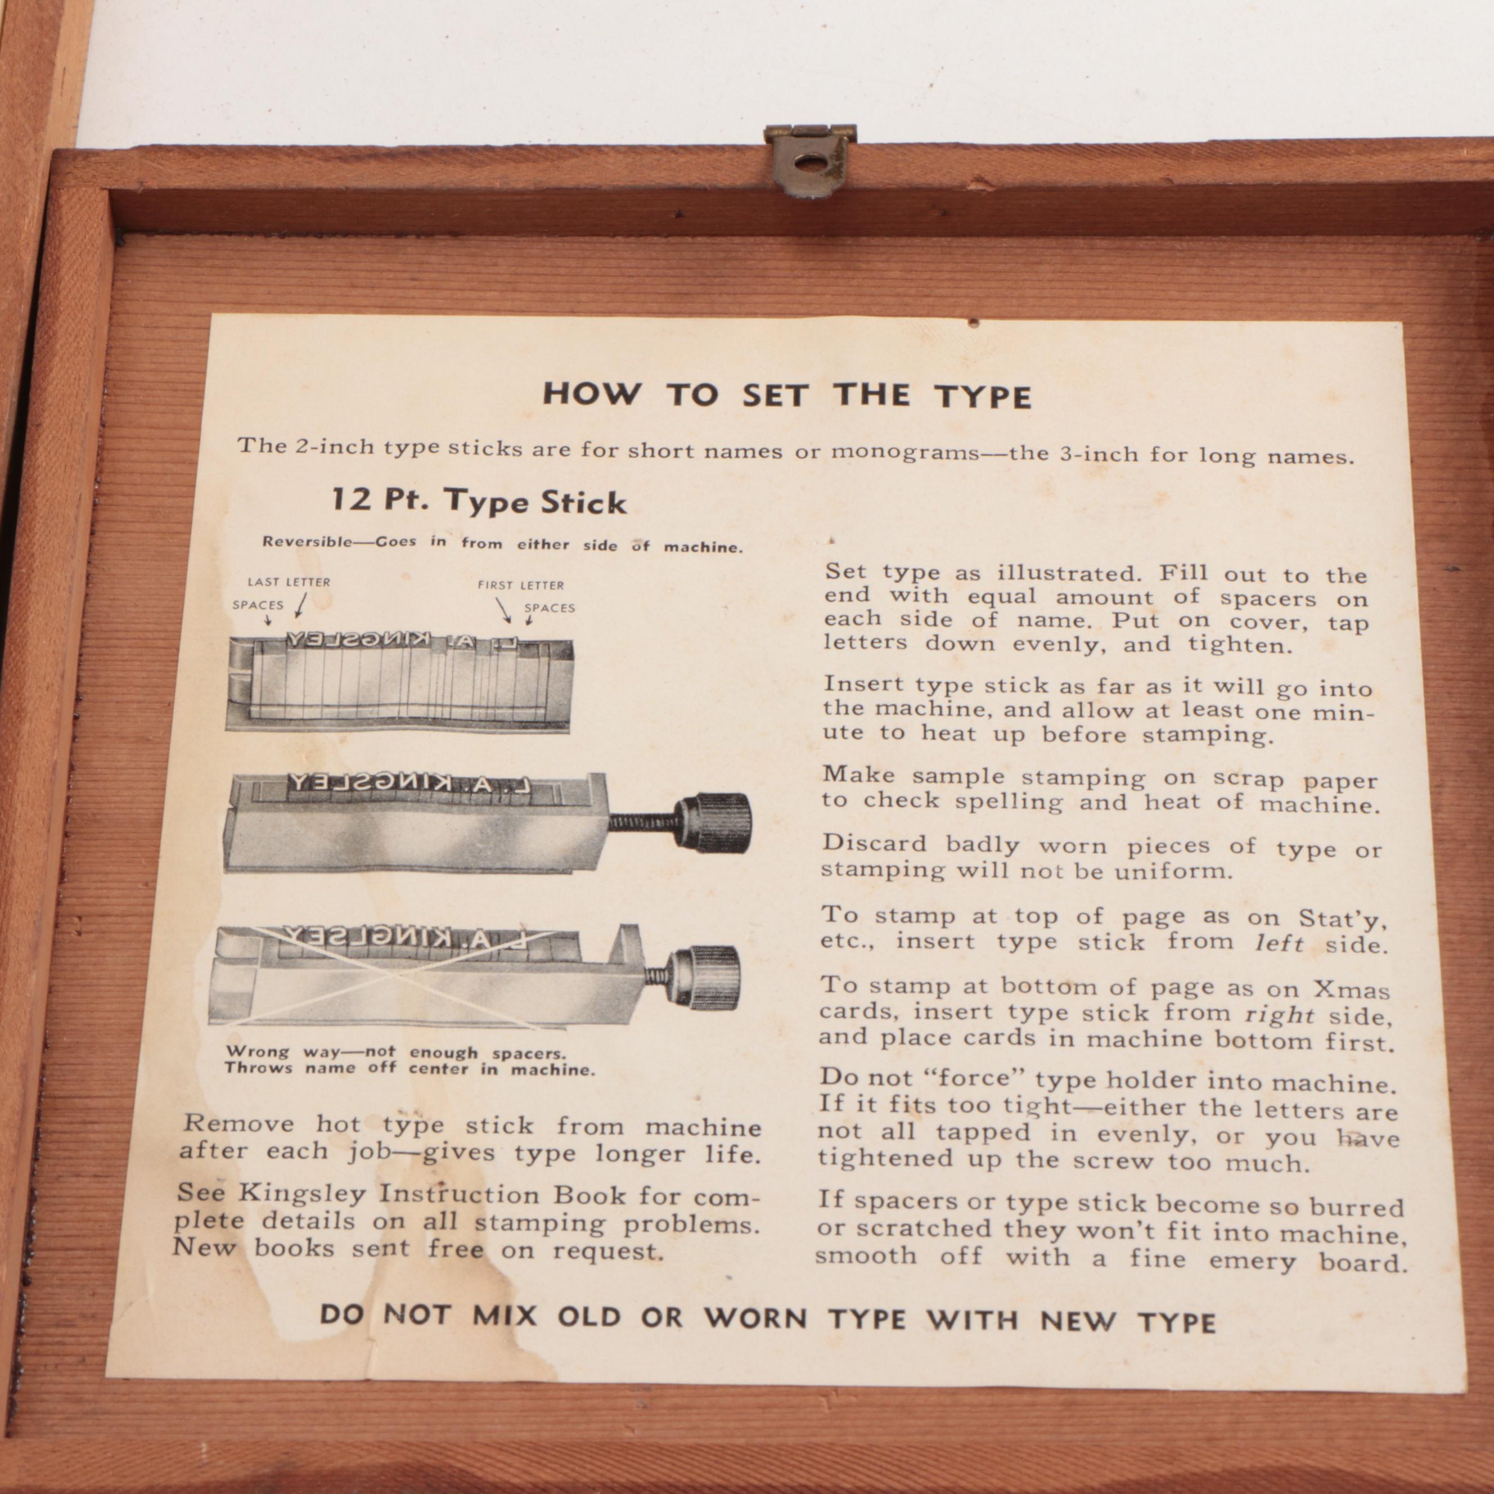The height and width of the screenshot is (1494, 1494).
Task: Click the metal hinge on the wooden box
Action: coord(809,161)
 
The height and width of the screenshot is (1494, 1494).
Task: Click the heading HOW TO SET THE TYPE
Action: coord(786,395)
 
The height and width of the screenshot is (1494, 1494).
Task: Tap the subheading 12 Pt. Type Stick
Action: coord(478,501)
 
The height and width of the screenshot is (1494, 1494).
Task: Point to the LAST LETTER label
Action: coord(289,582)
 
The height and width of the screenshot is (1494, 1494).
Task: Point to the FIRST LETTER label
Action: coord(520,584)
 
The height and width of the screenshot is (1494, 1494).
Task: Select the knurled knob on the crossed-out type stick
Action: coord(704,978)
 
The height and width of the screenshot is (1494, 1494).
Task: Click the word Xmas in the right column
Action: coord(1352,990)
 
